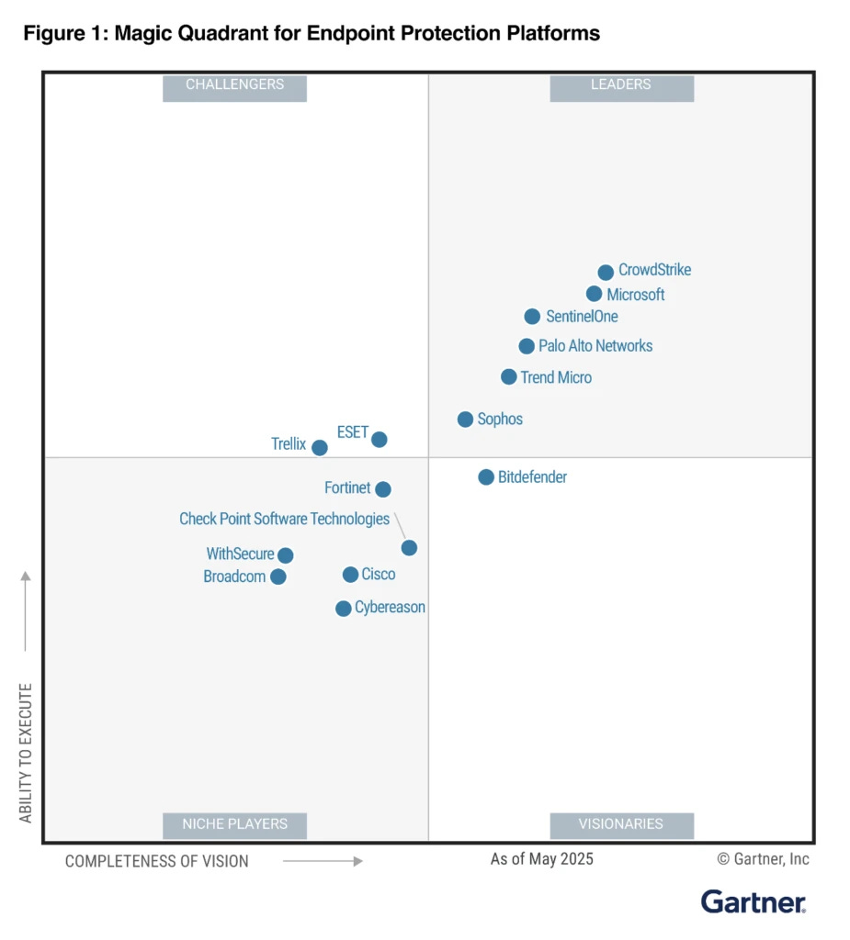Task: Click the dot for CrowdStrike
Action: coord(606,273)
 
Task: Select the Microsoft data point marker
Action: coord(594,294)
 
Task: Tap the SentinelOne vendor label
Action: coord(582,317)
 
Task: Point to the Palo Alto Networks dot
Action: coord(527,346)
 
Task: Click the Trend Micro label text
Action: coord(556,377)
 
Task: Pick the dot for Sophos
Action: coord(465,420)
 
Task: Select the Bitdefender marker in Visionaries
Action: coord(486,477)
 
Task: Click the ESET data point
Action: coord(379,440)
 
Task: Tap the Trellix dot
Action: coord(319,448)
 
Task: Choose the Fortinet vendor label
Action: coord(347,488)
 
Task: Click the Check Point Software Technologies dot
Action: coord(409,548)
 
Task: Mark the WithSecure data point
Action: coord(286,555)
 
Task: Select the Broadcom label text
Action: coord(234,577)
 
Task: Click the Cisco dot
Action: coord(350,575)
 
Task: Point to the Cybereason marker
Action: coord(343,609)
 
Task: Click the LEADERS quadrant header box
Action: coord(621,85)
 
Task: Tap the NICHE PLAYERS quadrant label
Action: coord(234,824)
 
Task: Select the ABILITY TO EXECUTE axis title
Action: coord(26,752)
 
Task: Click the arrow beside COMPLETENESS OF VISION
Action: coord(323,861)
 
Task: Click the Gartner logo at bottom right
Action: coord(753,901)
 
